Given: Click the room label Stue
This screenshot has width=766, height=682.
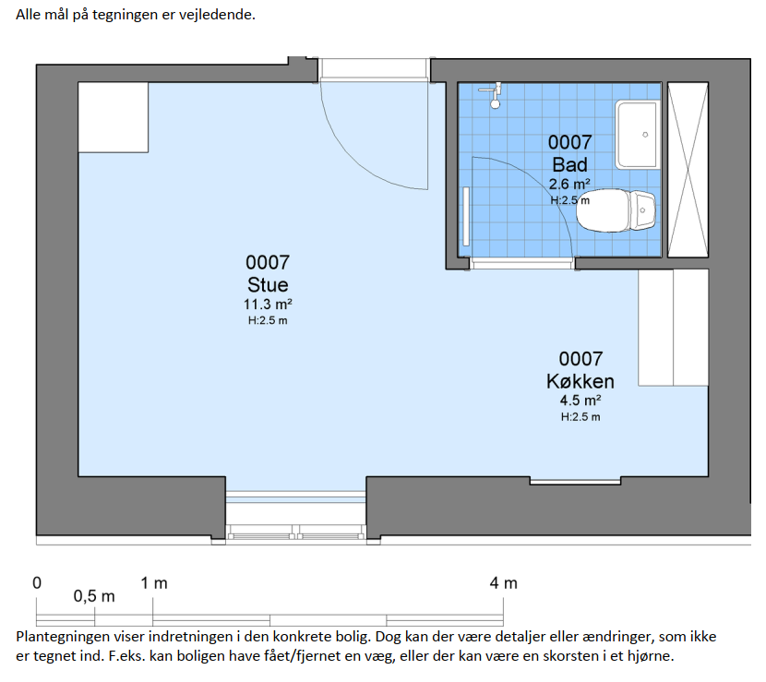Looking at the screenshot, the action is tap(268, 285).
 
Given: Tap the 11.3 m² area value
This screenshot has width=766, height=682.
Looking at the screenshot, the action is tap(268, 305).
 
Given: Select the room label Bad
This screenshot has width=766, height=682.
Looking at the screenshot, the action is tap(569, 164).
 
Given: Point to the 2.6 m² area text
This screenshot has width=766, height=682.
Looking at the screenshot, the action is tap(569, 185).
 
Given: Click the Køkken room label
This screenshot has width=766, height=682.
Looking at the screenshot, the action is tap(580, 381).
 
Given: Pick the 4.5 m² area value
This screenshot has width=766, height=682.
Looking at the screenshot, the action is tap(580, 401).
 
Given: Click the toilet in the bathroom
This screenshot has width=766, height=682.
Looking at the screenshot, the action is tap(616, 210).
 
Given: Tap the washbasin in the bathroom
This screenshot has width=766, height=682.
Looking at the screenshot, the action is tap(637, 135).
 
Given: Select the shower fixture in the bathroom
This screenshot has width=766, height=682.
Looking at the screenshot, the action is tap(493, 94).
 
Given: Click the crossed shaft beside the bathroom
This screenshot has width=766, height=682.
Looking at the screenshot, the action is tap(688, 170).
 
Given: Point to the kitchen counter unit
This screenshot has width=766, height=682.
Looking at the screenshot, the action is tap(673, 328).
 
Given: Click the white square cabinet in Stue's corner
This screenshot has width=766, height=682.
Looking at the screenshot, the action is tap(114, 117).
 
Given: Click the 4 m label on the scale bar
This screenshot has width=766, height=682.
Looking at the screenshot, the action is tap(504, 583).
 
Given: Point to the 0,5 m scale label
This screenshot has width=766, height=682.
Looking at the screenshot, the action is tap(94, 596).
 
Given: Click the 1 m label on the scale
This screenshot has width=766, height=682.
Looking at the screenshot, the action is tap(154, 583).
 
